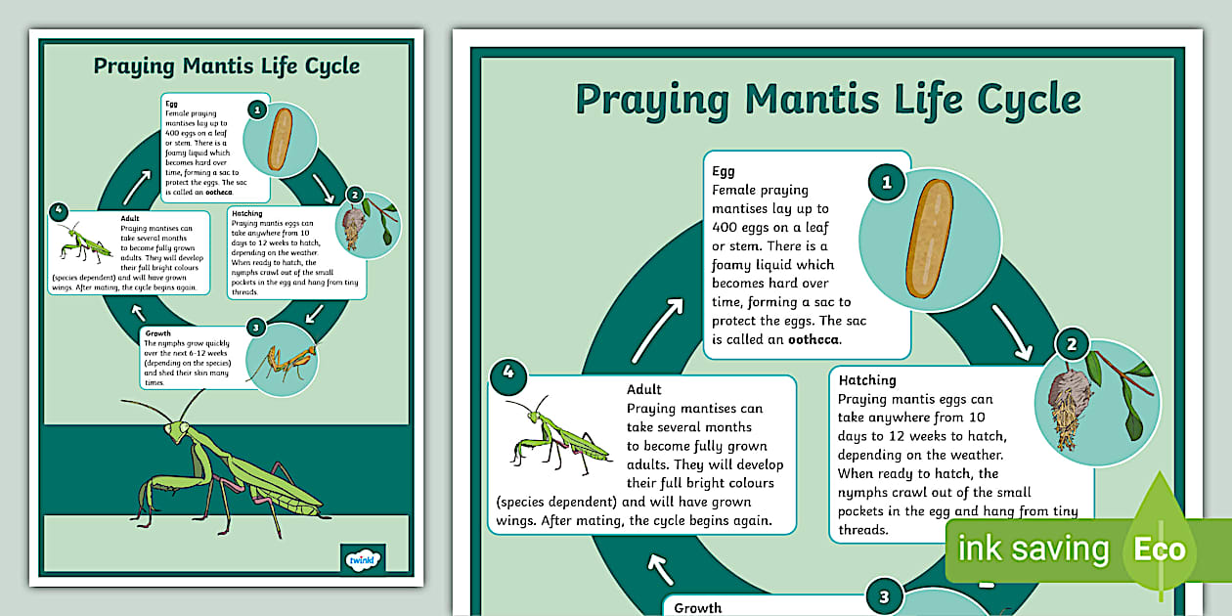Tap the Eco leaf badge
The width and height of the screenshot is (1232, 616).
point(1160,549)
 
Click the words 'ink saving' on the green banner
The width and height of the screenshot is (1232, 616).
point(1034,550)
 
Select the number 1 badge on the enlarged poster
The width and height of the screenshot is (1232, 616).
point(887,182)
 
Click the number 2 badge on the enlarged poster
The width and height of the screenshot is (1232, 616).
point(1072,344)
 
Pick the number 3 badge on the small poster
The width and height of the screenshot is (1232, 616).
point(256,327)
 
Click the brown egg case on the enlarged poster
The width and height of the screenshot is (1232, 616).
point(929,240)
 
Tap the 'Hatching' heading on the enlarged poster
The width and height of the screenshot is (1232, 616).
point(867,379)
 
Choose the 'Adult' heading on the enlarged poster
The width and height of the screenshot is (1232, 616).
point(643,389)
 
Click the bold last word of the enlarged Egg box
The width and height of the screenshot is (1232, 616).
point(810,339)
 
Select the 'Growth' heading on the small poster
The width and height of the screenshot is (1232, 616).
point(157,332)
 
